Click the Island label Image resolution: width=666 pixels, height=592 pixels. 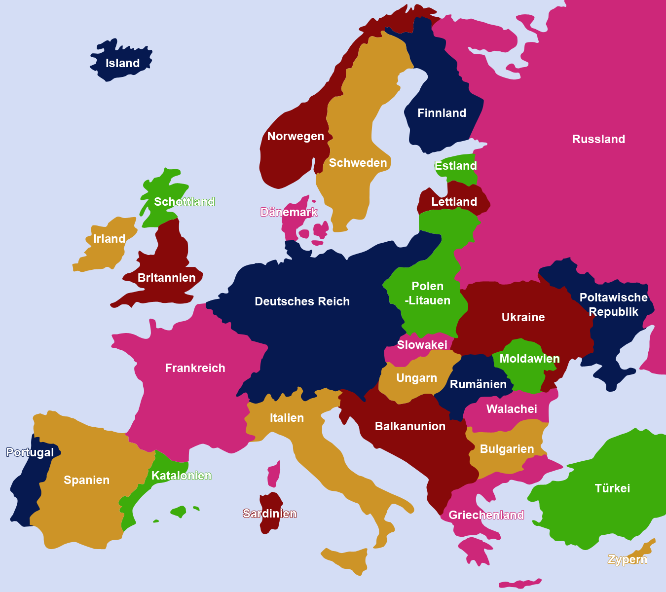click(x=122, y=63)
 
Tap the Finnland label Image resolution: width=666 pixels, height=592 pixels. click(x=442, y=113)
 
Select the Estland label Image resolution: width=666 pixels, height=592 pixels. click(x=455, y=166)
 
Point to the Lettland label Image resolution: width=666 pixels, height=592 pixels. click(x=454, y=202)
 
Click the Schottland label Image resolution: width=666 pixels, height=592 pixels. click(x=184, y=202)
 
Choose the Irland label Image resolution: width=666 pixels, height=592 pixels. click(x=109, y=239)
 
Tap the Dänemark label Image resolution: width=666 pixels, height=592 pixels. click(x=289, y=212)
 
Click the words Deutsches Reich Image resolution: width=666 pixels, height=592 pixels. click(x=302, y=301)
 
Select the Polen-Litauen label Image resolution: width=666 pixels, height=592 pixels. click(x=427, y=293)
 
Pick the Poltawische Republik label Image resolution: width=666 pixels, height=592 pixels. click(x=613, y=304)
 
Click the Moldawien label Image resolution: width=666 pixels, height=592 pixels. click(x=529, y=359)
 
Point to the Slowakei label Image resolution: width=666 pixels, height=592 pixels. click(x=422, y=345)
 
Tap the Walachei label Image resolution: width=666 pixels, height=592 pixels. click(x=512, y=409)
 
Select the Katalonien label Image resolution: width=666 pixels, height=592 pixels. click(x=181, y=476)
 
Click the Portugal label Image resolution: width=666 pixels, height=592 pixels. click(x=30, y=452)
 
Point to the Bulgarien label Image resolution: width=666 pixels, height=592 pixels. click(x=507, y=449)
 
